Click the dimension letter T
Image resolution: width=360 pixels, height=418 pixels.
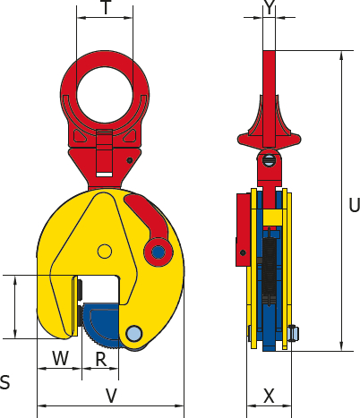(x=106, y=7)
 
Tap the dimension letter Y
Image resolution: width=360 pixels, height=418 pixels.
(x=270, y=7)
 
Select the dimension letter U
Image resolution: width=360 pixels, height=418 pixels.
(x=355, y=205)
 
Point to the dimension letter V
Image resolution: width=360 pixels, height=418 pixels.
(x=111, y=396)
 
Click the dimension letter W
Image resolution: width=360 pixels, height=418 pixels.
(x=61, y=358)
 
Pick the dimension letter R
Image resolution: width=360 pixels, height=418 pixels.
(x=101, y=359)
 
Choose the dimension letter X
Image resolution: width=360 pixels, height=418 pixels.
(x=269, y=397)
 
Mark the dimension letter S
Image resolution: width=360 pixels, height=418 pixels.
(x=4, y=382)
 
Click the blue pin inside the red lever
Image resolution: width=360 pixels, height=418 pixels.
(x=159, y=252)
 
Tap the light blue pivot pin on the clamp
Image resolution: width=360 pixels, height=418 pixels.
(x=133, y=334)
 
